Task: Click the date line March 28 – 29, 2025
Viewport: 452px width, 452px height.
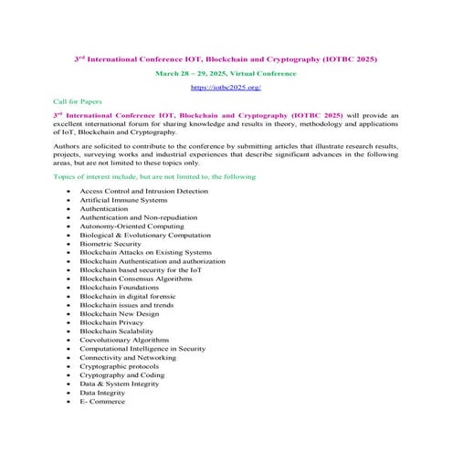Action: [x=225, y=70]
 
